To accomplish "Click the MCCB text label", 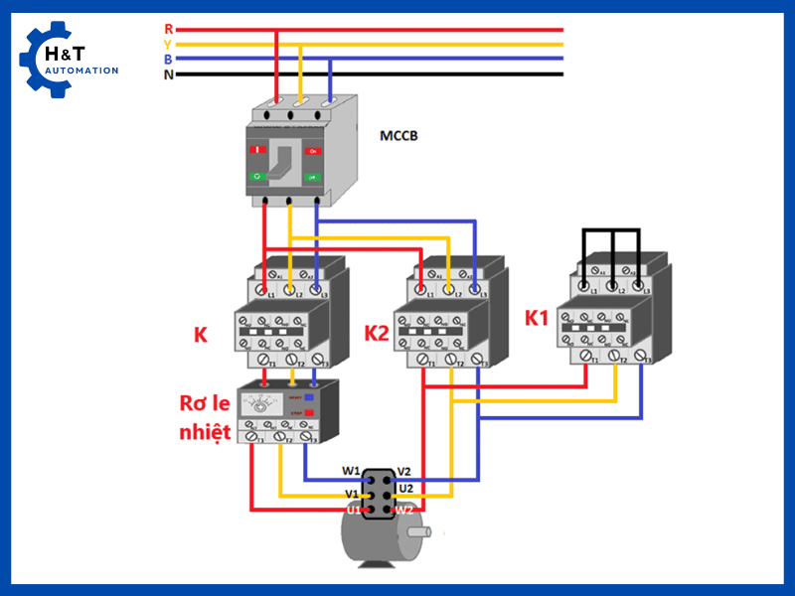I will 398,135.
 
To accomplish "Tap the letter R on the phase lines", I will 168,29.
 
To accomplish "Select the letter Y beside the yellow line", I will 168,44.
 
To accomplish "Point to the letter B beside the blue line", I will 168,59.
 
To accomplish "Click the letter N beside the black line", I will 168,74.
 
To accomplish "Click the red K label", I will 201,335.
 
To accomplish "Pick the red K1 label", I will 537,319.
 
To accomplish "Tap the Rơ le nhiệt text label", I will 206,417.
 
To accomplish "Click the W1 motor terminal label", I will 352,471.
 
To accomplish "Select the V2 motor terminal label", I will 404,471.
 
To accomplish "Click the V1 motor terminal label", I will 352,494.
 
